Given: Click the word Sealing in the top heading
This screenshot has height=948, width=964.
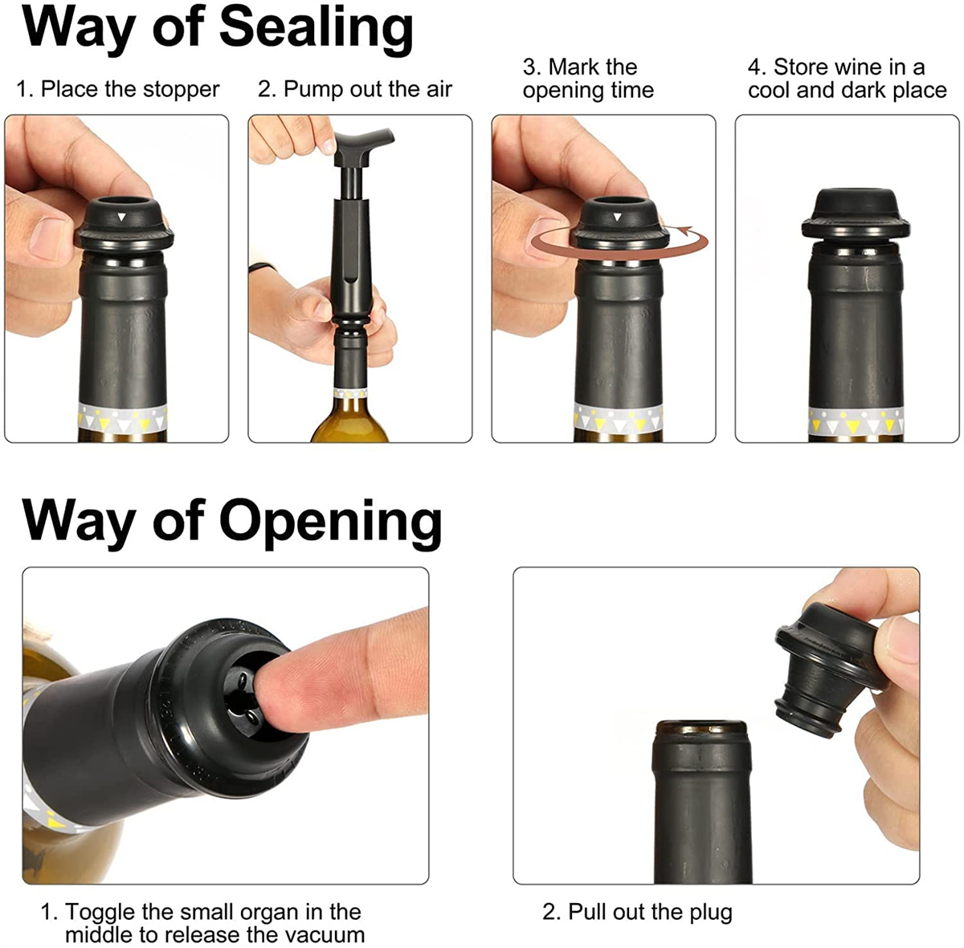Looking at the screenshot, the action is point(316,29).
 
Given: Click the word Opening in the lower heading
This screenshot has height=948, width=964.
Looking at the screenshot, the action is point(331,523).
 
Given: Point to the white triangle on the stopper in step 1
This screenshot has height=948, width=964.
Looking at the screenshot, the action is point(121,217).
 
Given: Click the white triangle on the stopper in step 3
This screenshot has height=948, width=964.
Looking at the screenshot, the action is point(618,217).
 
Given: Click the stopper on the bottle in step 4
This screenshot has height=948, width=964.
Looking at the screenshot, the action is point(856,215).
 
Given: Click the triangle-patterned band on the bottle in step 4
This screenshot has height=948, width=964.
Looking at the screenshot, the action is point(856,421).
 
